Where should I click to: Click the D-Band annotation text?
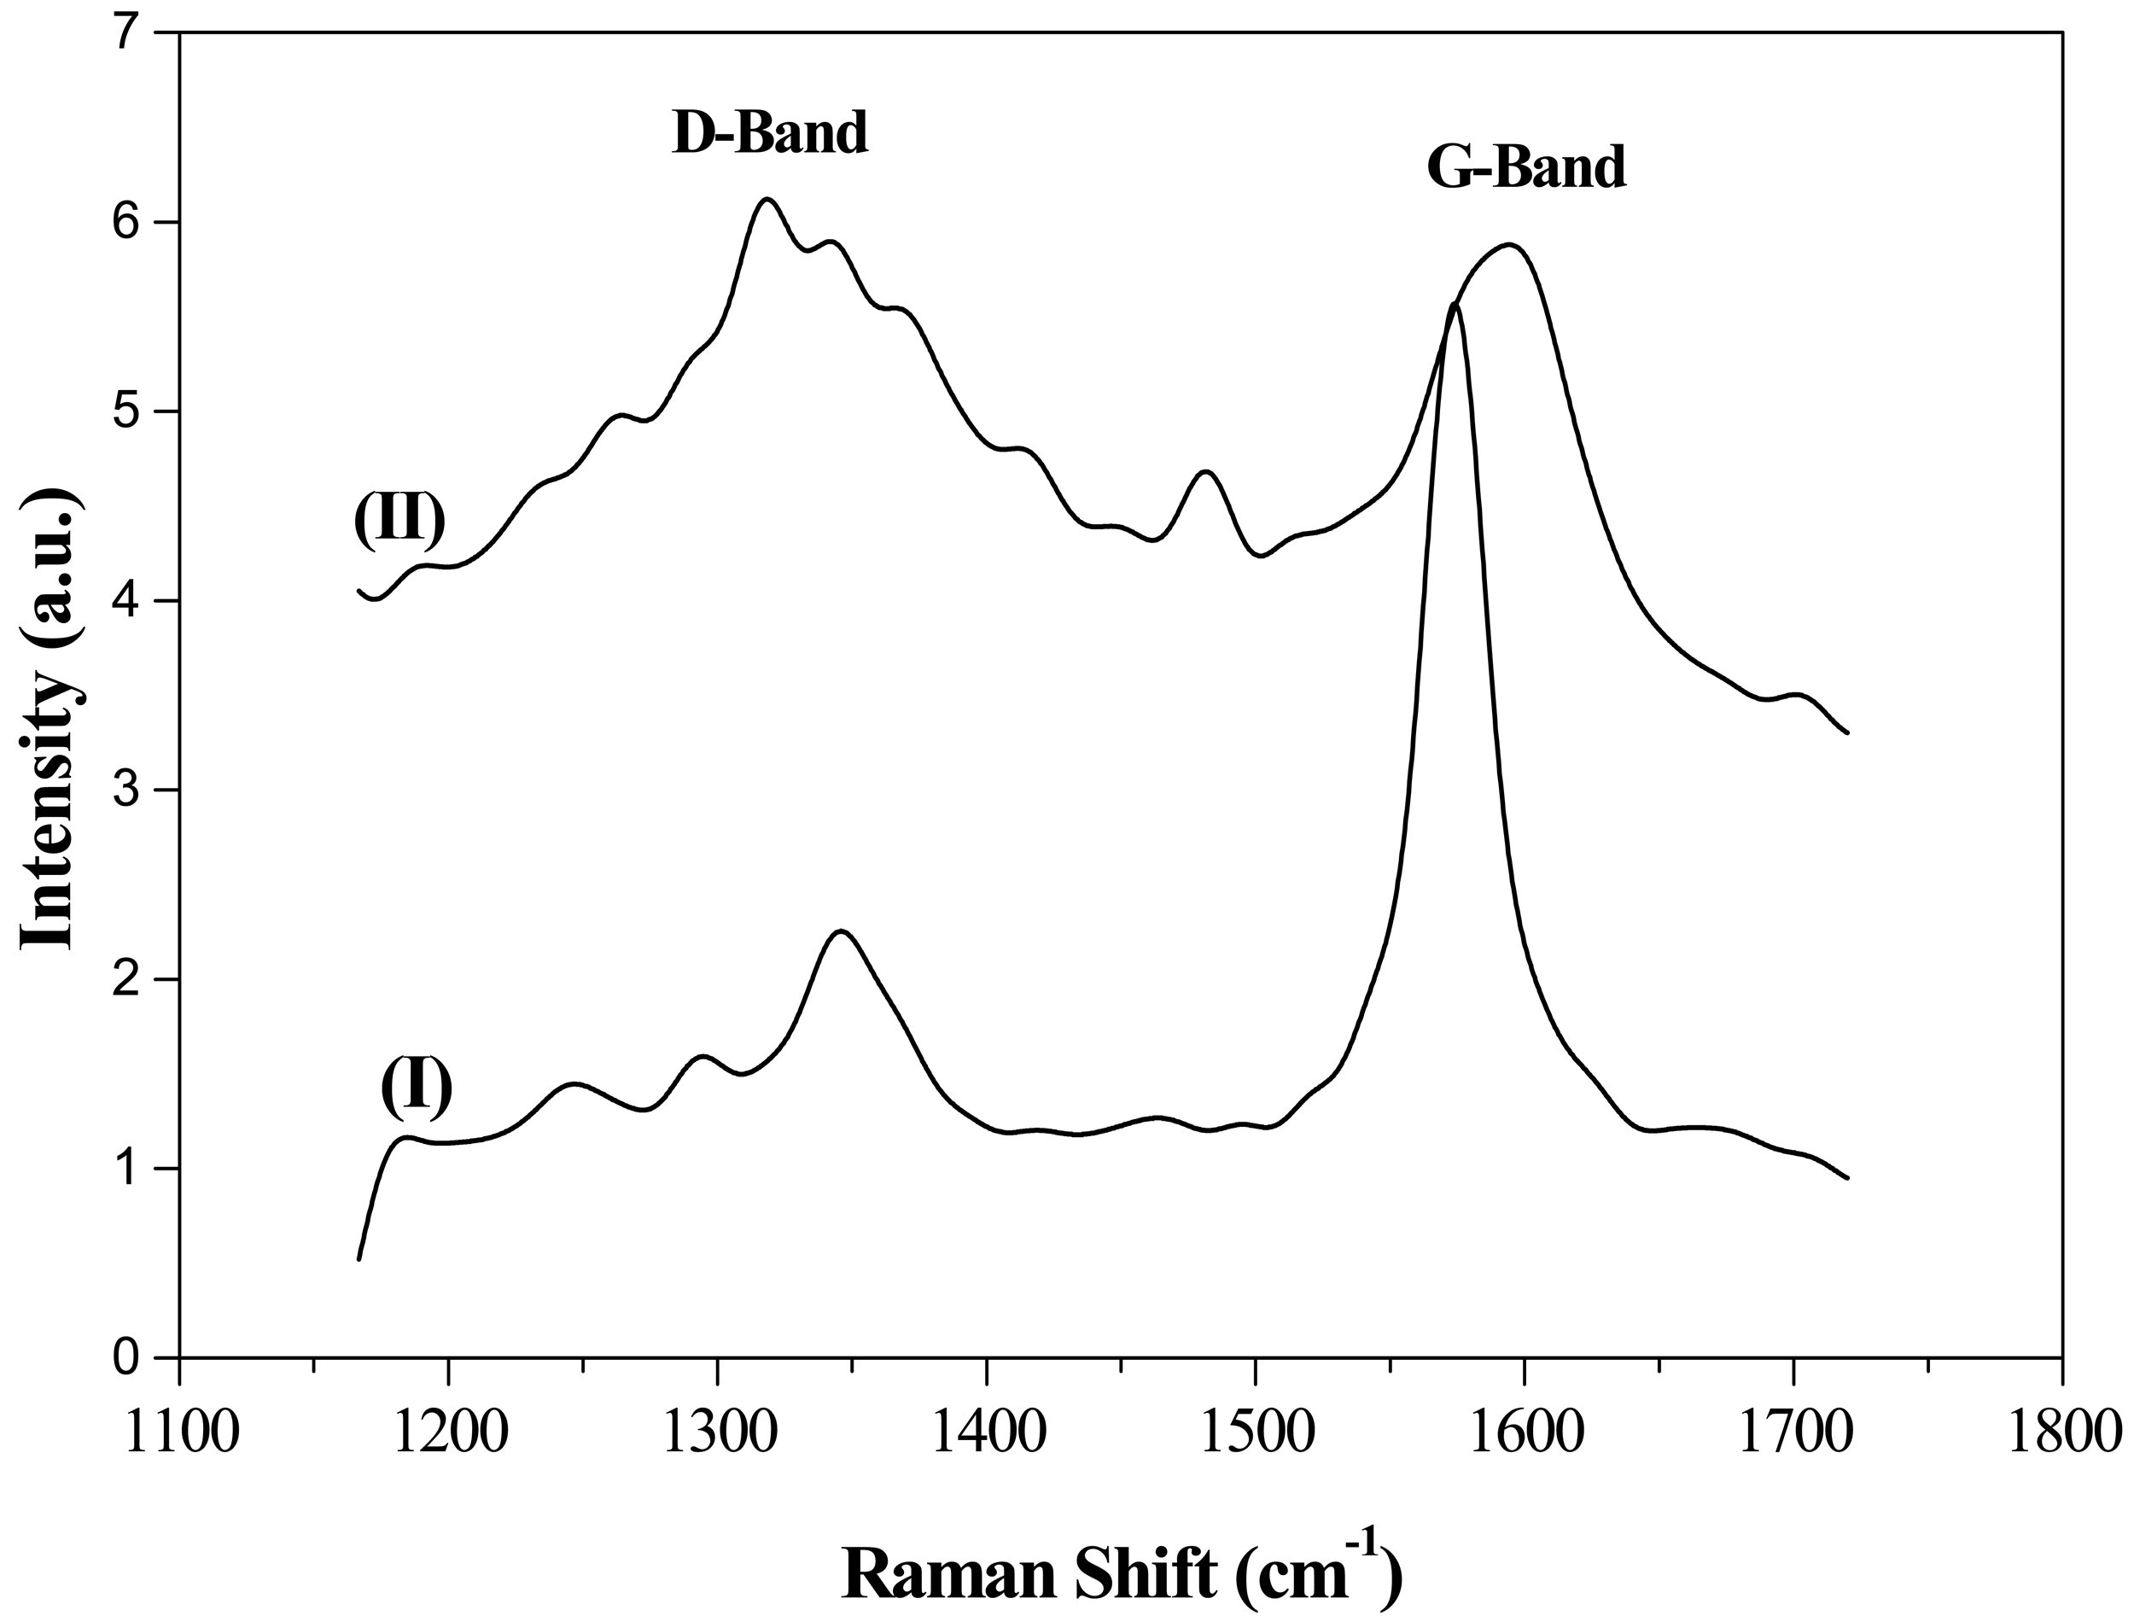point(770,133)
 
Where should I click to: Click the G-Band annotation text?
point(1526,167)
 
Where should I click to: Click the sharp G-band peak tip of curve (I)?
point(1454,305)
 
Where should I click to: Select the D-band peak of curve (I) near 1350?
point(842,931)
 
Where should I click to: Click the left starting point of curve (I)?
point(359,1259)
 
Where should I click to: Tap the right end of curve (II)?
point(1846,733)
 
